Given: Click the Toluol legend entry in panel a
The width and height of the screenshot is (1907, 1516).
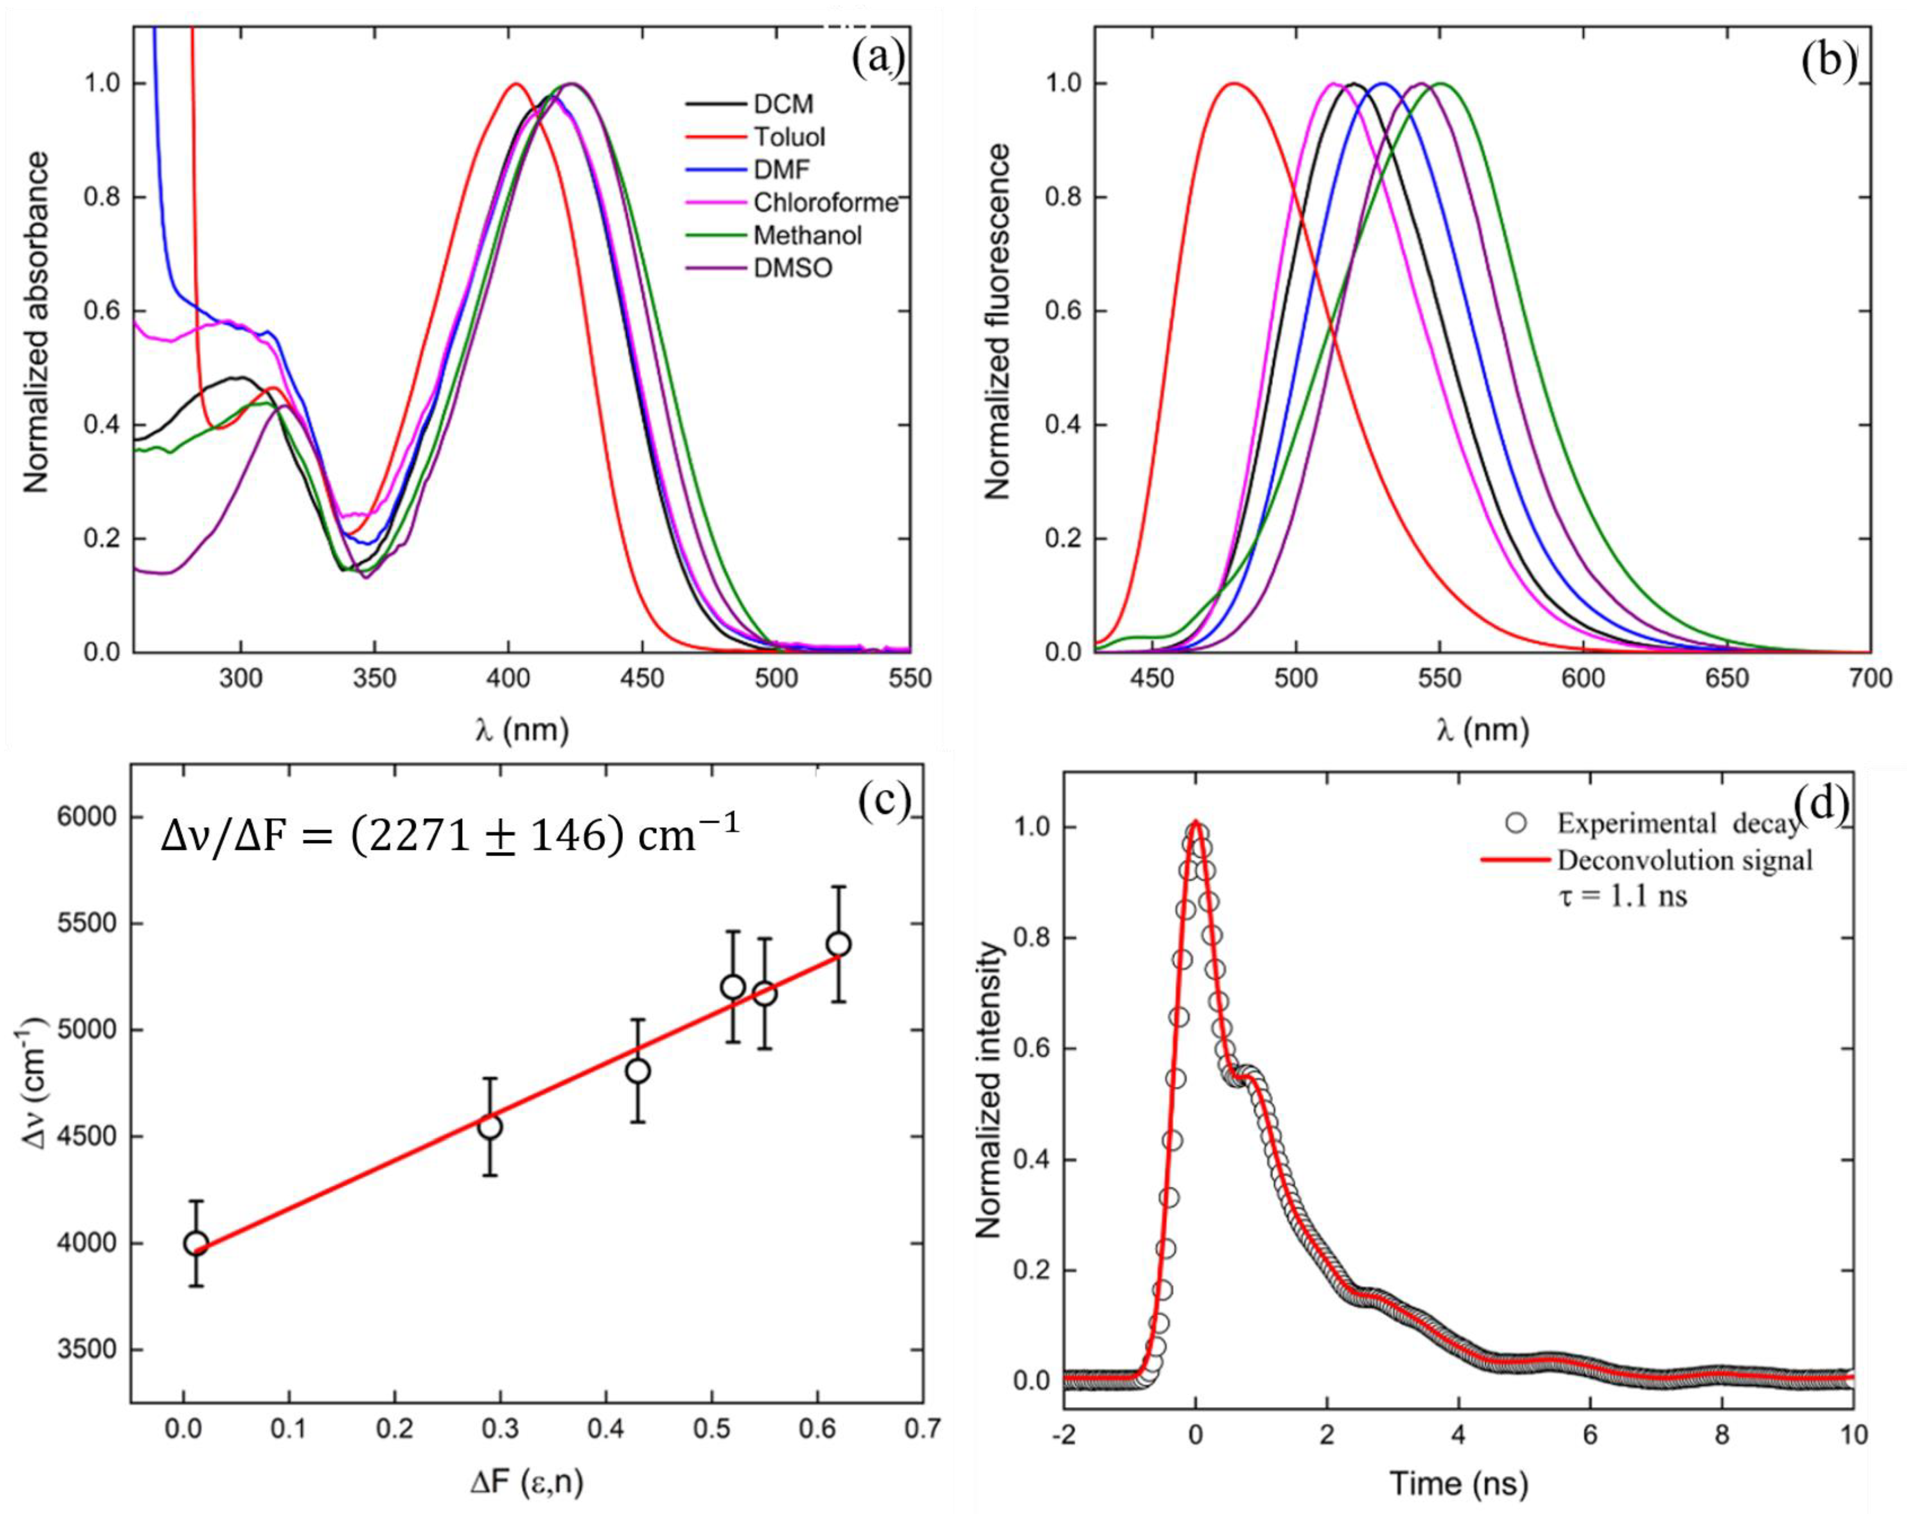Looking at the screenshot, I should [x=789, y=137].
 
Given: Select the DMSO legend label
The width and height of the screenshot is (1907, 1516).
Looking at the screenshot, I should [x=793, y=268].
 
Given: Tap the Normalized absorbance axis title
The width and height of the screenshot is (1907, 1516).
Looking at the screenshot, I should [x=36, y=323].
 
